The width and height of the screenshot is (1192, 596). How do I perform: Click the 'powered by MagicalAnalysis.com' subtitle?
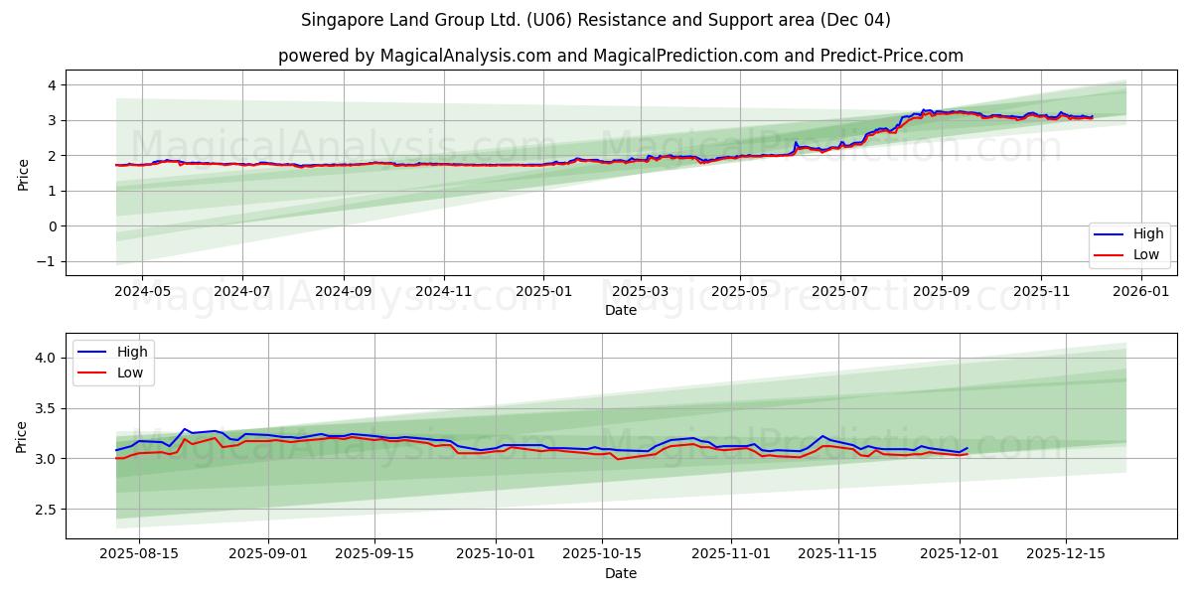coord(621,56)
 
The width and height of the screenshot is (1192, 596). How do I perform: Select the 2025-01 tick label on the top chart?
coord(542,292)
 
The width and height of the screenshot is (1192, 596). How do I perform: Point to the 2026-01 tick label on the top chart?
coord(1141,292)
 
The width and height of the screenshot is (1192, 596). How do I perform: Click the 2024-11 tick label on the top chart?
coord(443,292)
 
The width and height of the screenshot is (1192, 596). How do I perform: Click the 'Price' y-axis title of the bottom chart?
coord(23,436)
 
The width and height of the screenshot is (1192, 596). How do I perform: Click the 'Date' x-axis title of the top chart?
coord(621,310)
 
